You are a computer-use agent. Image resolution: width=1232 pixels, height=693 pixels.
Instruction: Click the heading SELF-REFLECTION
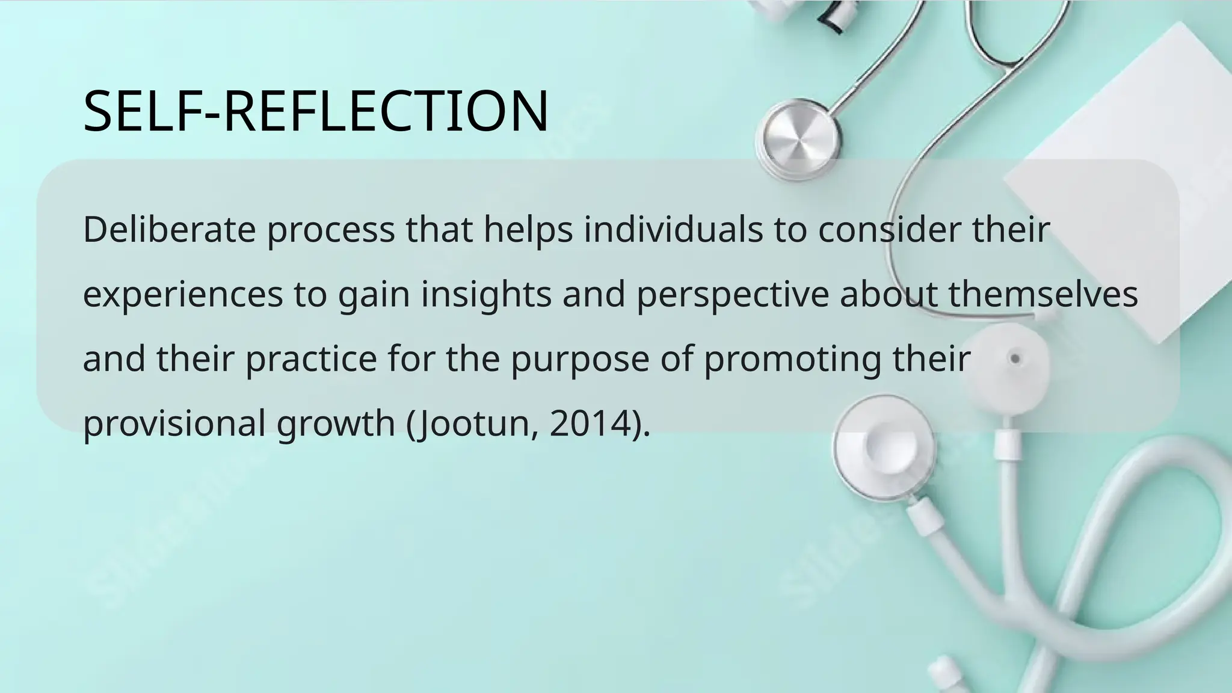316,111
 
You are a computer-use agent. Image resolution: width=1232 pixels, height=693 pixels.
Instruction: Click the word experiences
183,295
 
